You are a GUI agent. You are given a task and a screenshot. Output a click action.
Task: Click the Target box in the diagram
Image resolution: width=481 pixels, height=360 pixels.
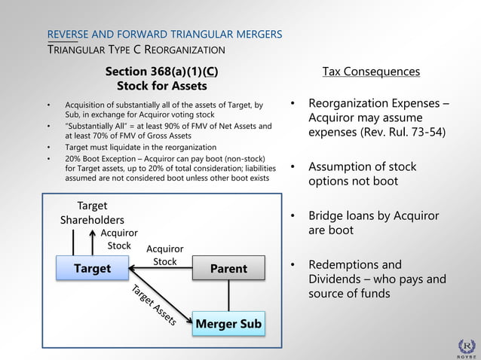coord(92,269)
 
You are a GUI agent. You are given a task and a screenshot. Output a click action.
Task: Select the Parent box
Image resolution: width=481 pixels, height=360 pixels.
coord(228,269)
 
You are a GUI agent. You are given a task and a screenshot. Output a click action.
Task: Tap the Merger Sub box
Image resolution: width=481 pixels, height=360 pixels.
coord(228,325)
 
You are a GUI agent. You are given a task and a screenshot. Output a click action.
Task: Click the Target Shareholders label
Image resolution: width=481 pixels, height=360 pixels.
coord(92,213)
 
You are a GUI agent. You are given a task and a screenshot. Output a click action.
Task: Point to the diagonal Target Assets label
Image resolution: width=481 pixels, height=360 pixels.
coord(154,306)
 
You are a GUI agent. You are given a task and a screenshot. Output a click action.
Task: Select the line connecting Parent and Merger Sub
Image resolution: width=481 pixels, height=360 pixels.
coord(228,295)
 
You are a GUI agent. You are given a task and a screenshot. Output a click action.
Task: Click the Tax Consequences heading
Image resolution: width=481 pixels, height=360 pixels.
coord(371,72)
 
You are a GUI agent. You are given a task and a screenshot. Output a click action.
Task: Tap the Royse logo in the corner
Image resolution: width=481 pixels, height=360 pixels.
coord(467,347)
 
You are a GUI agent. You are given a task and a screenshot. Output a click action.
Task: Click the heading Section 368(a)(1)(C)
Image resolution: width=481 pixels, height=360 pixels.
coord(162,72)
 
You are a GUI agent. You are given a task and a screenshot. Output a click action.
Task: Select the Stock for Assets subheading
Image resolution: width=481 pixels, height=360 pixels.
coord(162,86)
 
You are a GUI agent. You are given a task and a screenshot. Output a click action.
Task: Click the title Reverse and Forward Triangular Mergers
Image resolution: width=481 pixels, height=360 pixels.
coord(164,35)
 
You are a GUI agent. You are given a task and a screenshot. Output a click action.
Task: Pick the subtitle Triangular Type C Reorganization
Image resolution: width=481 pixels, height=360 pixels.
coord(136,50)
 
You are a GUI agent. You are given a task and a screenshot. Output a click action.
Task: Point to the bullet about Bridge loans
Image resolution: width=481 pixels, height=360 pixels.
coord(372,223)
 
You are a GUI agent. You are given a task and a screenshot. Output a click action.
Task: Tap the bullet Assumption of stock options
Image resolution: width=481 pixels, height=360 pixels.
coord(362,174)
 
